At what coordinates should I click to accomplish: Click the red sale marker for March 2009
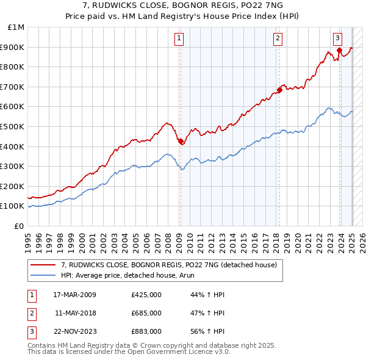point(181,142)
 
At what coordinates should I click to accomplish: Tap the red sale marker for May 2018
point(279,90)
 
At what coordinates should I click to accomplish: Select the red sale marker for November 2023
point(339,50)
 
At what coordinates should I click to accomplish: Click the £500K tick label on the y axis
point(12,126)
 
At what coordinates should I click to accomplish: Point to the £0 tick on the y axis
point(18,226)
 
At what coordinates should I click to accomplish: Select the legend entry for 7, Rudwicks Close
point(169,265)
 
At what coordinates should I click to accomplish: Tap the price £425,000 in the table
point(146,295)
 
